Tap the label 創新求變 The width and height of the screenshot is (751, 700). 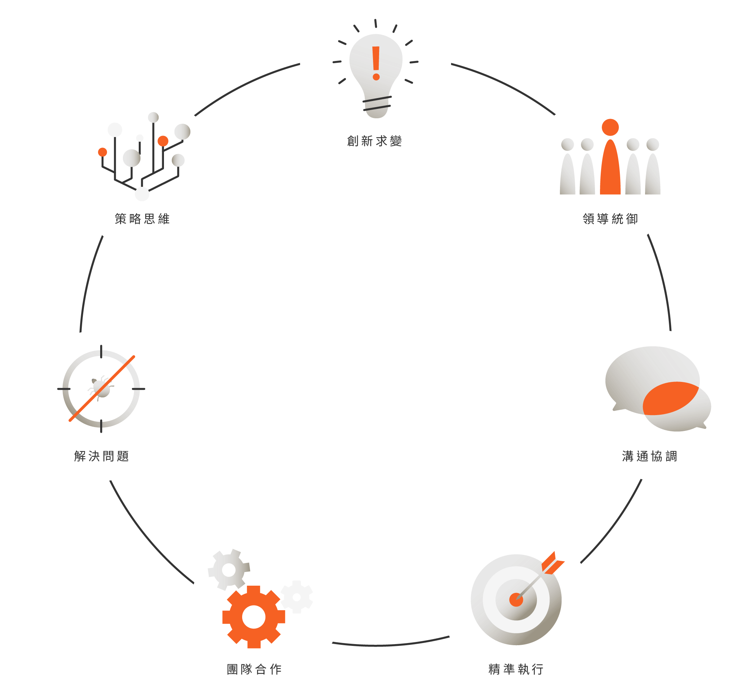[374, 141]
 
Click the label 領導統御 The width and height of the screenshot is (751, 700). [610, 219]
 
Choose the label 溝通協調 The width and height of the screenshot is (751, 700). [649, 456]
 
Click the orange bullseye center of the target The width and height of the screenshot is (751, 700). [516, 599]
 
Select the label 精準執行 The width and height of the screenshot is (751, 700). [516, 669]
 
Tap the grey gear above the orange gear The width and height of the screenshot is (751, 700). [228, 569]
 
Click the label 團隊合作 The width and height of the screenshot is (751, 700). [254, 669]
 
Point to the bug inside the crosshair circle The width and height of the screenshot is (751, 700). [101, 388]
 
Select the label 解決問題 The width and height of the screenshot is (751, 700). [102, 456]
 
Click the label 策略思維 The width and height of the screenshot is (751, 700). [142, 219]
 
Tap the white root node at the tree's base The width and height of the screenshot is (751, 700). [142, 194]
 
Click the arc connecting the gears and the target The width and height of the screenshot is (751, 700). [391, 645]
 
